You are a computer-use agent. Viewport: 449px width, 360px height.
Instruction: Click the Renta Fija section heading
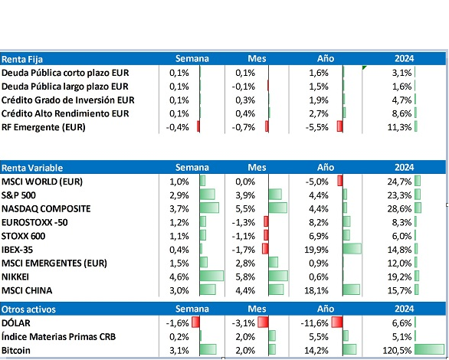22,59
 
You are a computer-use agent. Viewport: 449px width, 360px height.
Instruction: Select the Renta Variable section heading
32,168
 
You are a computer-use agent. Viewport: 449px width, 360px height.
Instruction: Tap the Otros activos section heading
28,309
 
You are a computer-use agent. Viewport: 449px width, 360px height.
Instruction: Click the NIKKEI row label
15,277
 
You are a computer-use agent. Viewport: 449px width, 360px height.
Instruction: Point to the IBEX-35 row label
17,250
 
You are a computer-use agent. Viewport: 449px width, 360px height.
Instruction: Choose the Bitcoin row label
16,351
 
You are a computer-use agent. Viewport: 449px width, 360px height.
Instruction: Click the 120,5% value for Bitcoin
397,351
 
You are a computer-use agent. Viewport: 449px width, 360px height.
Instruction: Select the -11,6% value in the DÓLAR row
314,323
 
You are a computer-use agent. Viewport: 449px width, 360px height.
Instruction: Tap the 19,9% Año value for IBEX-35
316,250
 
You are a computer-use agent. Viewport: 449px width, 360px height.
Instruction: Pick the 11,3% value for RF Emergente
399,127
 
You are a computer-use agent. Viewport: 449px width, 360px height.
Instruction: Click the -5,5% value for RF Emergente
316,127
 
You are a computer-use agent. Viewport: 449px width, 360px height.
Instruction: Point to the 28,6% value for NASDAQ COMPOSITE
399,209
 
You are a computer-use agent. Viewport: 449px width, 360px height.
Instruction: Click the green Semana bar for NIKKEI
211,276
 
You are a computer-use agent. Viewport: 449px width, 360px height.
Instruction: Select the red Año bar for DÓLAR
337,322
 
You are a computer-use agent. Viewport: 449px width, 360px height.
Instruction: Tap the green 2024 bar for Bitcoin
429,349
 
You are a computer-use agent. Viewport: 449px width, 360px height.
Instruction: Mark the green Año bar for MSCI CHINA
352,290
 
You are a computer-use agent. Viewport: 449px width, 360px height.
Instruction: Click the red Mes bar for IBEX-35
265,248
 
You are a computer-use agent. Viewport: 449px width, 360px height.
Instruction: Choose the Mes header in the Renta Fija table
257,59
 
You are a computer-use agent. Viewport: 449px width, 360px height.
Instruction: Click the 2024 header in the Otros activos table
404,309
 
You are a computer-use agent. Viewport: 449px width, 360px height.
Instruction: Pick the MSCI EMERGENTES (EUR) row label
54,263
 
